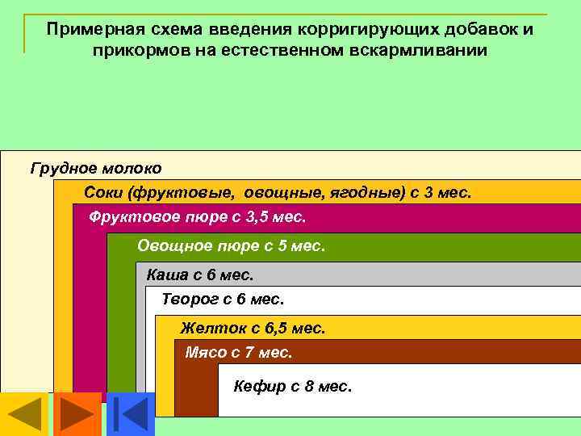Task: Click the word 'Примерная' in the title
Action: [87, 30]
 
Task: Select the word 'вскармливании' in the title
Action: [425, 51]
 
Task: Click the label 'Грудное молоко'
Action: [96, 169]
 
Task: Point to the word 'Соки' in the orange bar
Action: [101, 193]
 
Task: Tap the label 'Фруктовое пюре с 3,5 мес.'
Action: [198, 217]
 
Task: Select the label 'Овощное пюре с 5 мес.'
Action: [231, 245]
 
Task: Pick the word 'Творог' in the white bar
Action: [189, 300]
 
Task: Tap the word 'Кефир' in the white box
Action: [259, 387]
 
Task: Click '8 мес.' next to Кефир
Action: [328, 387]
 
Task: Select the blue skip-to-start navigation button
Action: [130, 414]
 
